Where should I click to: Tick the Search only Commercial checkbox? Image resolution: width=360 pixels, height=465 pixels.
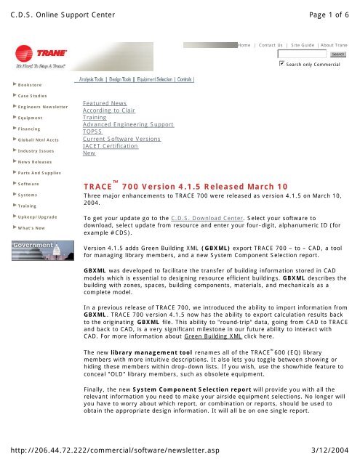tap(282, 65)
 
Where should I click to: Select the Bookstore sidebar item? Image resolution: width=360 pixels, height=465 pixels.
tap(25, 86)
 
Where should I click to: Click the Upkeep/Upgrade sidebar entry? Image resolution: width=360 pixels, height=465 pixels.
tap(34, 217)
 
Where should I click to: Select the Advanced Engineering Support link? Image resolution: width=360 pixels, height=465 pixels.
tap(128, 125)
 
